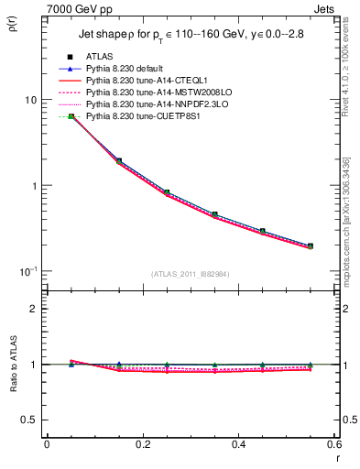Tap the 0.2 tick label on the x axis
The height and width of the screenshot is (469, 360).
pyautogui.click(x=142, y=444)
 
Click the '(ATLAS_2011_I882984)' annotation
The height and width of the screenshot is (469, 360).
pyautogui.click(x=191, y=274)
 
